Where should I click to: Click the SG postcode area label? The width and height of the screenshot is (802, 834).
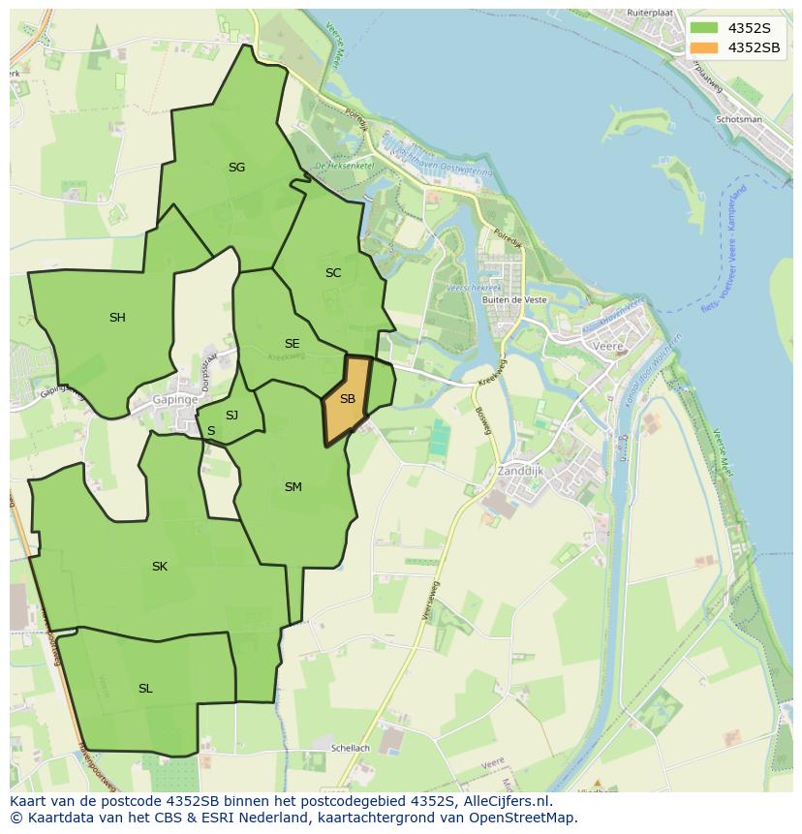click(236, 168)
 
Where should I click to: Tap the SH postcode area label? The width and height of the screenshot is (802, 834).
click(117, 318)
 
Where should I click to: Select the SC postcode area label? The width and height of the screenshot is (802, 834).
click(333, 273)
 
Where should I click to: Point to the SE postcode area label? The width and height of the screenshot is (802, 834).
click(292, 344)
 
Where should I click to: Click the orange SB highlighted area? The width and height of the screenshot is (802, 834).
click(347, 399)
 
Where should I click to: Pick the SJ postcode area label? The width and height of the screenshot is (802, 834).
click(231, 416)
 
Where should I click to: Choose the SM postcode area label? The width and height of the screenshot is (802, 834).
click(293, 487)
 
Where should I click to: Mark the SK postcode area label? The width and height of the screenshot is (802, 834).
click(160, 567)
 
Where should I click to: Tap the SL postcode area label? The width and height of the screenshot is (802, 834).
click(145, 689)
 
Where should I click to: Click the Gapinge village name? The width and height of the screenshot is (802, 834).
click(175, 400)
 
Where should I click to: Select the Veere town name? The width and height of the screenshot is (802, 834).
click(608, 346)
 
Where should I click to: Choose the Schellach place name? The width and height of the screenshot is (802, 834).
click(350, 749)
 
